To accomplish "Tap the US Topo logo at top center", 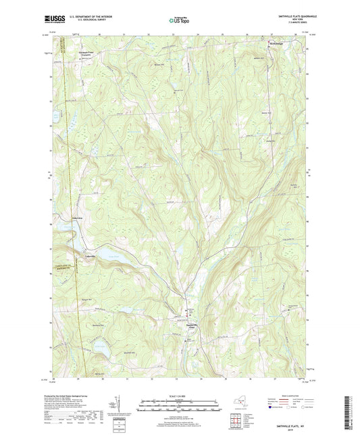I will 180,20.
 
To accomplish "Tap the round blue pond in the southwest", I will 99,348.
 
